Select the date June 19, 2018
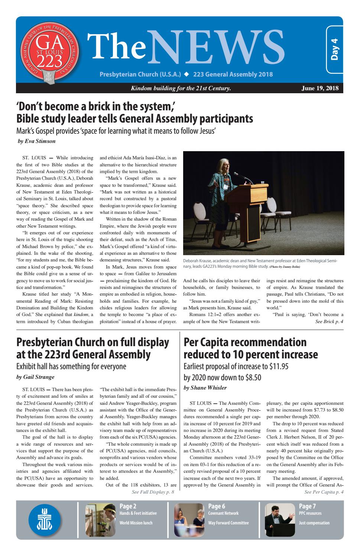pos(320,88)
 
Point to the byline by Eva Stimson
pos(36,141)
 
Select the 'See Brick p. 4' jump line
pos(329,321)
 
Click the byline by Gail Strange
pos(35,377)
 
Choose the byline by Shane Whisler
pos(205,388)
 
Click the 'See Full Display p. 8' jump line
pos(153,492)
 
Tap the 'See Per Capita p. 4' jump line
pos(324,492)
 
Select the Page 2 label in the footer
pos(128,506)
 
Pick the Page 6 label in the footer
pos(217,506)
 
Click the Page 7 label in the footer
pos(307,506)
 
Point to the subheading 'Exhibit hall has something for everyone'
pos(71,367)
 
